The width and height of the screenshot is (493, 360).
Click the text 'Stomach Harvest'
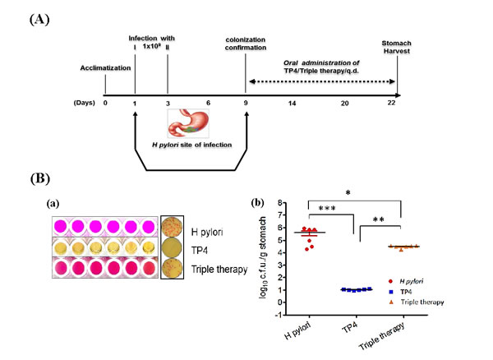click(x=398, y=49)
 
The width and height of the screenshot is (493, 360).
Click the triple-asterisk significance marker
click(x=329, y=210)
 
